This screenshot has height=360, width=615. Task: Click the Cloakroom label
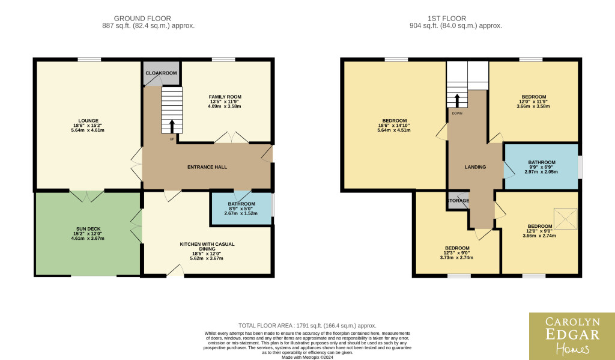coord(161,73)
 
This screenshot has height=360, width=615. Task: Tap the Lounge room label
coord(88,121)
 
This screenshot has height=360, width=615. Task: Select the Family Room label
coord(225,97)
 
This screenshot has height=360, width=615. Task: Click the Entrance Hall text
coord(207,167)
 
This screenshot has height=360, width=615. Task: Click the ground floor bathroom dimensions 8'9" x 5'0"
coord(241,209)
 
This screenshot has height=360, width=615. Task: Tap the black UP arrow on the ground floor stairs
coord(172,126)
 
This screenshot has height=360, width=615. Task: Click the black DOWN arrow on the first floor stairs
coord(457,100)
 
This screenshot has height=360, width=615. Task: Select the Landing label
coord(476,167)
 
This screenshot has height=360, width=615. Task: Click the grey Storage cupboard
coord(458,200)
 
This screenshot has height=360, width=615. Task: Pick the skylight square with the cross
coord(565,219)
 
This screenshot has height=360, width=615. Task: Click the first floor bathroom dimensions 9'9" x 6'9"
coord(542,167)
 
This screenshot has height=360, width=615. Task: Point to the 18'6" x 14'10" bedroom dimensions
coord(394,126)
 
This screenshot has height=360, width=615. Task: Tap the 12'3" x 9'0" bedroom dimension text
coord(456,253)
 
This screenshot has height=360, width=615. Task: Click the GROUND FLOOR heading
coord(142,19)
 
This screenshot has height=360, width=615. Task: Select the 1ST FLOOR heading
coord(447,19)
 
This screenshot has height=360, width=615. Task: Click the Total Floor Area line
coord(307,326)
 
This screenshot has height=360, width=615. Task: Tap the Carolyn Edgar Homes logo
coord(572,337)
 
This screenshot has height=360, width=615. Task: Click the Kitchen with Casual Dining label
coord(207,246)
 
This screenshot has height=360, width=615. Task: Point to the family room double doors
coord(231,138)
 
